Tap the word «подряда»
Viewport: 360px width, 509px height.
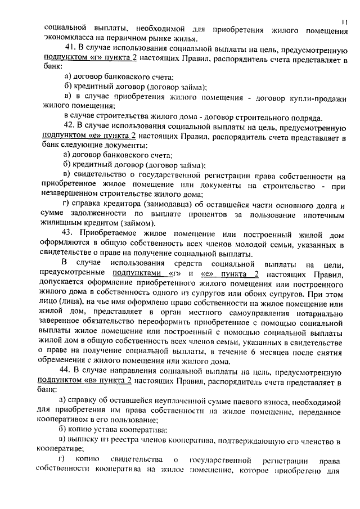[306, 118]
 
